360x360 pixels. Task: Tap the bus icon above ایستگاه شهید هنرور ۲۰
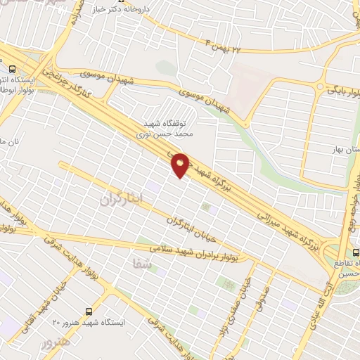pos(88,310)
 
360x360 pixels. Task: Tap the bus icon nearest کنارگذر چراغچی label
pos(12,69)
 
